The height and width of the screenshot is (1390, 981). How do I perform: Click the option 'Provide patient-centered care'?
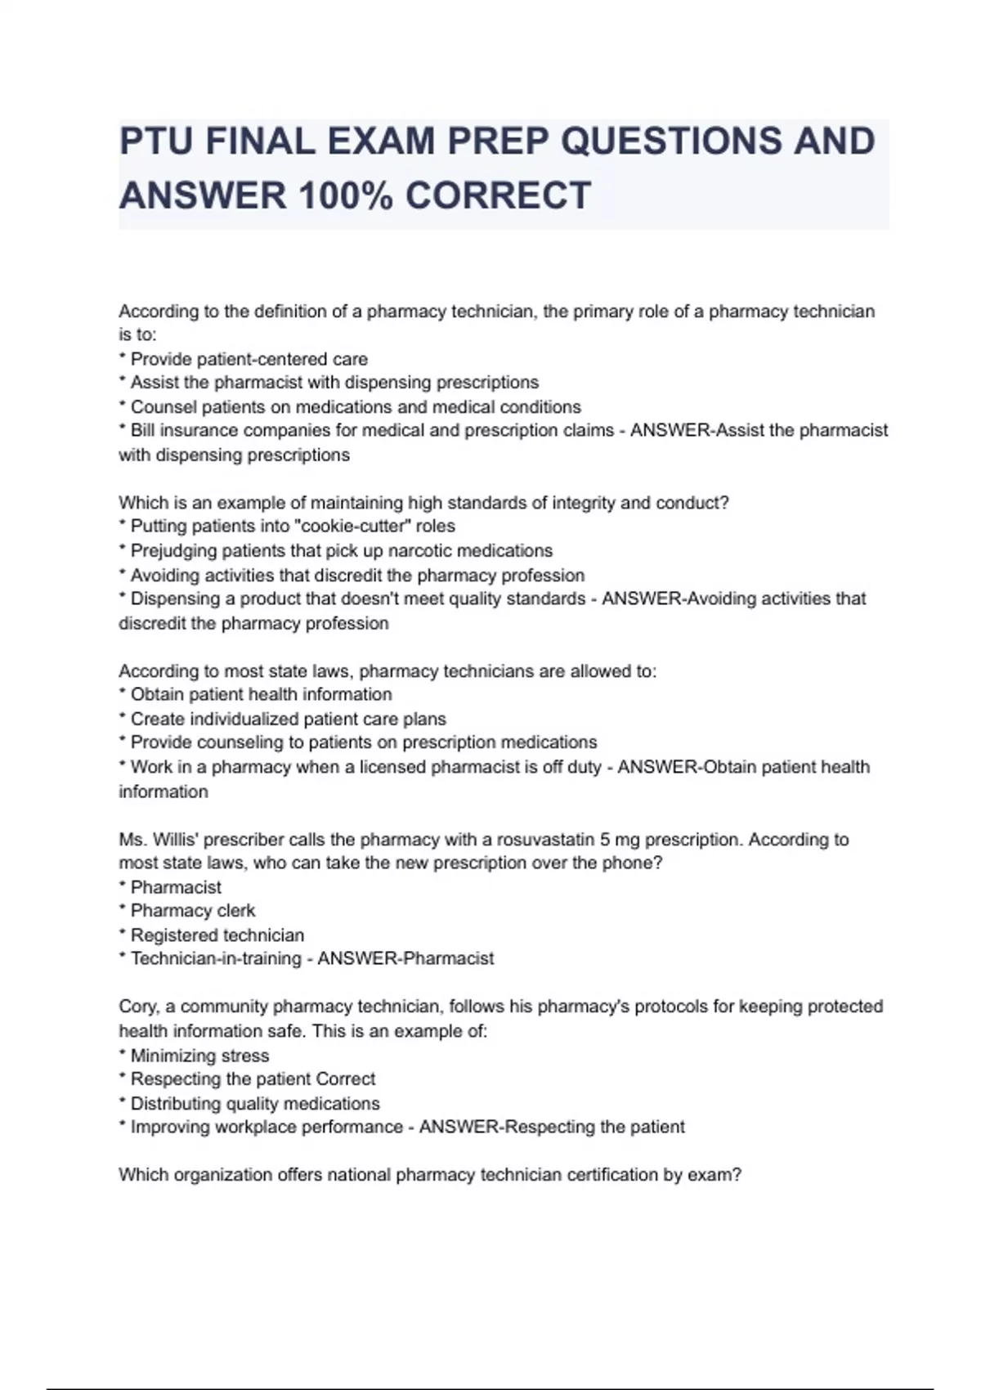point(249,359)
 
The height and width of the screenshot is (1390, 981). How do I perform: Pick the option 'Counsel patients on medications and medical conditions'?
point(356,407)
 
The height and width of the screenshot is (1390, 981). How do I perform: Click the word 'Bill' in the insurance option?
point(143,431)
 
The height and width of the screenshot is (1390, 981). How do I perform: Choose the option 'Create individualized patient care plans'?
point(288,719)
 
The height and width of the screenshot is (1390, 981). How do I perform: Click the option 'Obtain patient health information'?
point(261,694)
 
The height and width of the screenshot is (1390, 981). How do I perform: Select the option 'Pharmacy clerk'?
point(193,911)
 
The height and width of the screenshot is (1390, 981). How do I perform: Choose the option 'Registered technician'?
point(217,935)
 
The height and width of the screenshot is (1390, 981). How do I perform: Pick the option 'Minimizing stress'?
point(199,1056)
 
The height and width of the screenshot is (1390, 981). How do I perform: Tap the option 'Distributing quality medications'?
point(255,1104)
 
